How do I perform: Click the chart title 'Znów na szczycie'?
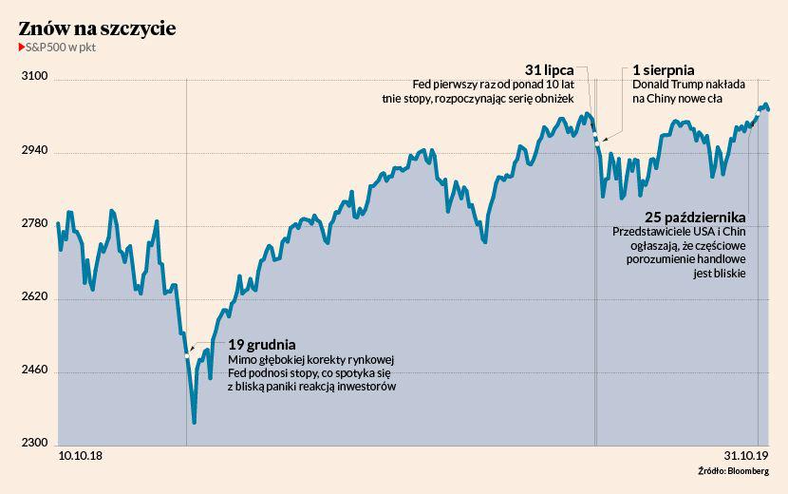[x=96, y=29]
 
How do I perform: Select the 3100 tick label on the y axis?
[x=35, y=77]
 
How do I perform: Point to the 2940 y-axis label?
[x=35, y=150]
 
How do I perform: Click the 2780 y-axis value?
[x=35, y=223]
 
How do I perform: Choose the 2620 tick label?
[x=35, y=296]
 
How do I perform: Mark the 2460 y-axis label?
[x=35, y=370]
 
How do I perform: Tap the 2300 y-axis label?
[x=35, y=443]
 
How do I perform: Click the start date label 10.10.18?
[x=82, y=457]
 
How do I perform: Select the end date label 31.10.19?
[x=744, y=457]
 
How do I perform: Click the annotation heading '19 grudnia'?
[x=261, y=344]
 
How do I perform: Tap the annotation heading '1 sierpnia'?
[x=664, y=69]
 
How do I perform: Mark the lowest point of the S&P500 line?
[x=194, y=423]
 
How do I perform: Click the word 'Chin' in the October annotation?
[x=733, y=232]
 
